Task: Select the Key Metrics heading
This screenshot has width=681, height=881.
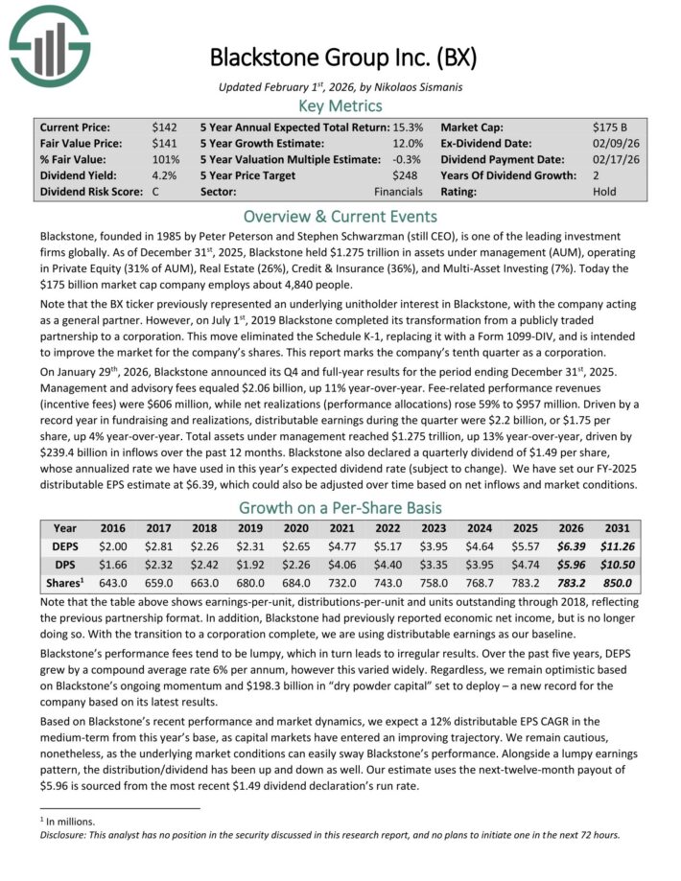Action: point(340,105)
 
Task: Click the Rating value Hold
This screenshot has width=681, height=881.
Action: point(606,192)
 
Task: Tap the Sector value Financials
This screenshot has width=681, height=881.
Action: point(398,192)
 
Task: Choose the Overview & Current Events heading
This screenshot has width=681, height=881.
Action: point(340,216)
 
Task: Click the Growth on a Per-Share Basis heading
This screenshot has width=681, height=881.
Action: point(340,507)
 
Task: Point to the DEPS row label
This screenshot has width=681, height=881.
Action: point(65,545)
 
